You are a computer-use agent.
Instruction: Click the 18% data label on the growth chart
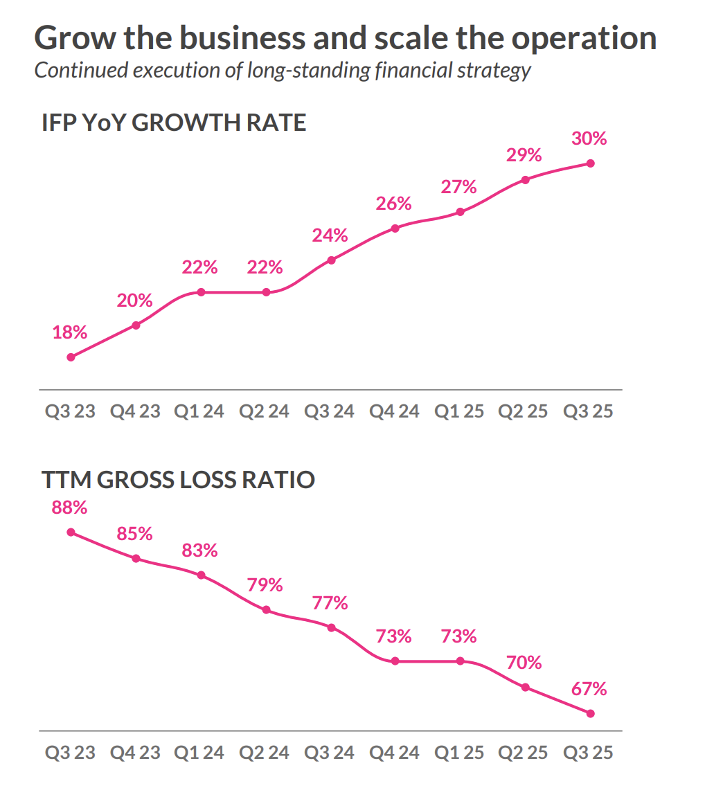[x=70, y=332]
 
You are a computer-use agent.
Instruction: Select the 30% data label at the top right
[x=589, y=138]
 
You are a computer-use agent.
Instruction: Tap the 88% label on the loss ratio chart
[x=70, y=508]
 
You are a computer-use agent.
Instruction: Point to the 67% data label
[x=589, y=689]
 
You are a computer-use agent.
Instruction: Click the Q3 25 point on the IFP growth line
[x=590, y=163]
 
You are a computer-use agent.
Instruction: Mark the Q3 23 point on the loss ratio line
[x=71, y=532]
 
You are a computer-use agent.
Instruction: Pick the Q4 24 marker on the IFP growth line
[x=395, y=228]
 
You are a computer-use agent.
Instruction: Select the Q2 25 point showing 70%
[x=525, y=688]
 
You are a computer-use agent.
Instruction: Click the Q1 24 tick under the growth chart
[x=199, y=411]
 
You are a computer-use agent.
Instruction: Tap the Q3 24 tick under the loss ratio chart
[x=330, y=752]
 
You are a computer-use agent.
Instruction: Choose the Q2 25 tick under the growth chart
[x=524, y=411]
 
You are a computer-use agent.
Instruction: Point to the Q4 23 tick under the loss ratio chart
[x=135, y=752]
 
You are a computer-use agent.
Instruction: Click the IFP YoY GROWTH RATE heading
[x=174, y=123]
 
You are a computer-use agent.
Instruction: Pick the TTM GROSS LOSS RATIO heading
[x=178, y=479]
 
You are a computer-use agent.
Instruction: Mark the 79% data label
[x=265, y=584]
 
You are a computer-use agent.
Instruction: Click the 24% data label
[x=330, y=235]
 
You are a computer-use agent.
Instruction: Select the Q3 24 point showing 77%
[x=331, y=627]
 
